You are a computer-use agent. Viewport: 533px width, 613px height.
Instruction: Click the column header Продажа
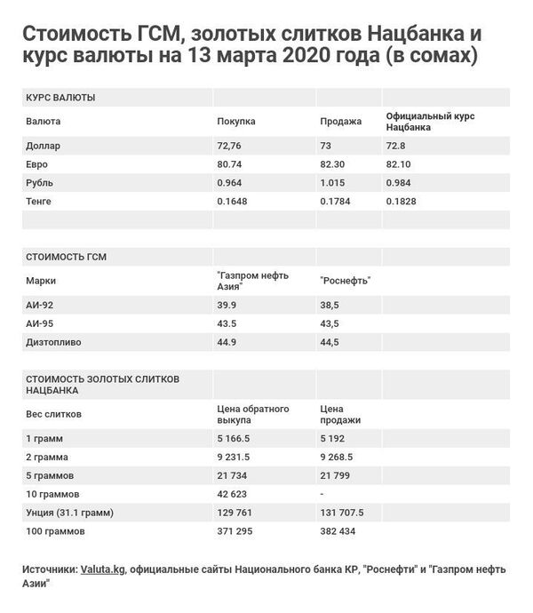click(340, 121)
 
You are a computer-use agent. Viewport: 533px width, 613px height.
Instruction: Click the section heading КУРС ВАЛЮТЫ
click(61, 97)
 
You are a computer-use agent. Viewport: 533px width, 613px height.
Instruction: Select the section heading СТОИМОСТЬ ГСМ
click(68, 257)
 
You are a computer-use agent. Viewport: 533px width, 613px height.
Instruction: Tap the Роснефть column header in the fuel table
click(345, 281)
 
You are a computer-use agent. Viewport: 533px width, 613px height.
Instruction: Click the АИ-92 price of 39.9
click(228, 304)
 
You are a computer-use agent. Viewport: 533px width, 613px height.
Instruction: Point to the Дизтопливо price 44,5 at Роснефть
click(330, 341)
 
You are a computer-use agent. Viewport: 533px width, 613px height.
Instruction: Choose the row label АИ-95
click(41, 322)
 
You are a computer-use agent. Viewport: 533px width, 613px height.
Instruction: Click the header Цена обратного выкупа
click(253, 413)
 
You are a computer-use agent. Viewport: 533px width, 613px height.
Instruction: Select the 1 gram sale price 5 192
click(333, 438)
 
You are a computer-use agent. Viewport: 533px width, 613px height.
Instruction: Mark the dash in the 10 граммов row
click(322, 493)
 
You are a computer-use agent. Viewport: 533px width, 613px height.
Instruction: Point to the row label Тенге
click(41, 202)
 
